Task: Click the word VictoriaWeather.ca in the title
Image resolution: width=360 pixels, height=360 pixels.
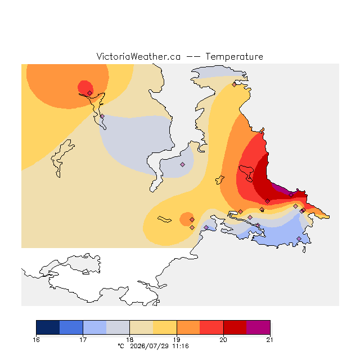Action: (138, 56)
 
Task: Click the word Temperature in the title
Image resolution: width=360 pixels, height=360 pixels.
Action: (234, 56)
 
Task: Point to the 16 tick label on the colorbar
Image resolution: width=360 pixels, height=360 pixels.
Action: (36, 340)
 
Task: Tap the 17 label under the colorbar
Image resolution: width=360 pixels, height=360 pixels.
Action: (83, 340)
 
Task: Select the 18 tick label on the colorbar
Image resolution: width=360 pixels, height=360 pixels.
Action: (130, 340)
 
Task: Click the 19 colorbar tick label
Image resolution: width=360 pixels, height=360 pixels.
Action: (177, 340)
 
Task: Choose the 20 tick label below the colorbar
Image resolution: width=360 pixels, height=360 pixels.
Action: (223, 340)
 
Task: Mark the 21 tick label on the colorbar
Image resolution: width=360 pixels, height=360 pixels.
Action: (270, 340)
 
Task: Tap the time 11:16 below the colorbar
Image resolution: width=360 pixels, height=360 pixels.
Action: (181, 346)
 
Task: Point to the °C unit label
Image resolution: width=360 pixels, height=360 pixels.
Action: (121, 346)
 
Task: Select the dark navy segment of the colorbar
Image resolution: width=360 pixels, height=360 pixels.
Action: (48, 327)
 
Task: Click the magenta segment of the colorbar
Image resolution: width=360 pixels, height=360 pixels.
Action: (258, 327)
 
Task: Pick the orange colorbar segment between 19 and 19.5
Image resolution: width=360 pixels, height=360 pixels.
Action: (188, 327)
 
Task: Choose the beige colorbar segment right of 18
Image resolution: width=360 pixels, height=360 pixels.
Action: (141, 327)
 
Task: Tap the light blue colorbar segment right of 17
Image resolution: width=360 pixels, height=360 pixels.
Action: (95, 327)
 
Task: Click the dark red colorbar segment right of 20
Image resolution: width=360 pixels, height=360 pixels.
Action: (235, 327)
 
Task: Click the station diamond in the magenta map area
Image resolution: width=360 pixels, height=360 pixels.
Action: (291, 195)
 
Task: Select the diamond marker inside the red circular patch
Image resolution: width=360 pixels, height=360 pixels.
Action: (90, 93)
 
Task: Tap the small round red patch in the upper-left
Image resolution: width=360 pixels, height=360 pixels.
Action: (85, 88)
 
